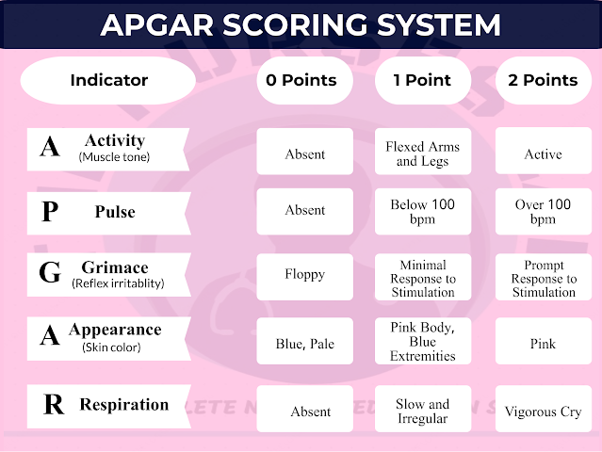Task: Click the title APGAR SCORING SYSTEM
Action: point(301,24)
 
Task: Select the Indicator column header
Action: point(108,80)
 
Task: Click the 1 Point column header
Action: point(423,80)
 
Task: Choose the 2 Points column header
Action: point(543,80)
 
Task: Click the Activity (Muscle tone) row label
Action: point(108,148)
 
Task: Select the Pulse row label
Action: point(108,212)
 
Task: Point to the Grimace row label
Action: point(108,274)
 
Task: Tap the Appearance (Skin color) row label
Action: point(108,336)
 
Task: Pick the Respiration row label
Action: point(108,405)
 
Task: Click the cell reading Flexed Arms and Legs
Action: point(423,153)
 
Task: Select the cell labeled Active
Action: point(543,153)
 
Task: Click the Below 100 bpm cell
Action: point(423,212)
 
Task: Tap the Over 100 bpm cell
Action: point(543,212)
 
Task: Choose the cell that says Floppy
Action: point(304,275)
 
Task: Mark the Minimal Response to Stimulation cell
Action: point(423,278)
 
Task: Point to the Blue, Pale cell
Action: point(304,344)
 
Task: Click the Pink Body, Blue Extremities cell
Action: point(423,342)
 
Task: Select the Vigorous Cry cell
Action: point(543,412)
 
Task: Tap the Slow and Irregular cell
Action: point(423,411)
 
